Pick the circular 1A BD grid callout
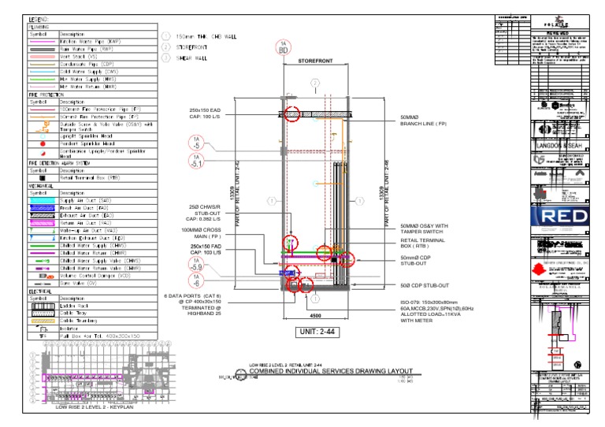(x=283, y=48)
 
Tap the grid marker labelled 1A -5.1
(x=196, y=162)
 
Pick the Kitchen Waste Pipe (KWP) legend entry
(x=92, y=42)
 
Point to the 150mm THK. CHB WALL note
(x=206, y=36)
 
